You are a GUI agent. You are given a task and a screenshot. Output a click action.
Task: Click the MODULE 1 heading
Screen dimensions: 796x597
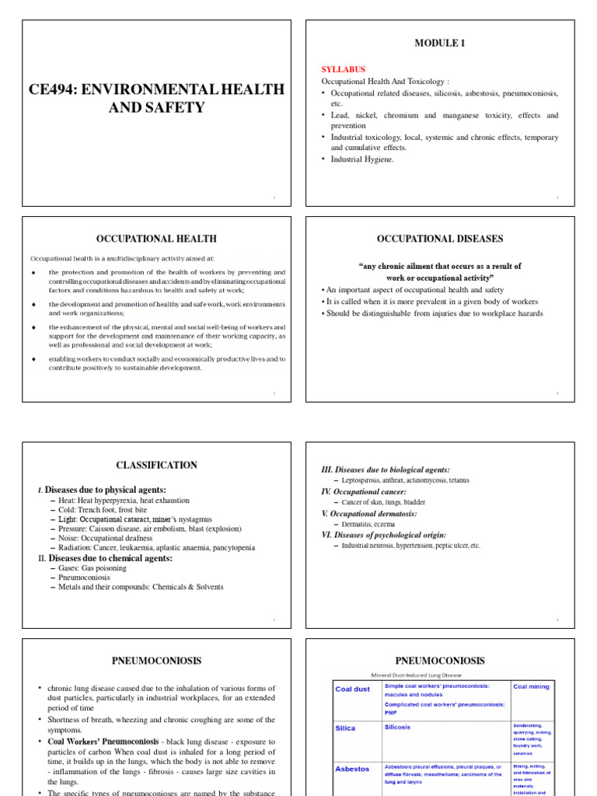[440, 44]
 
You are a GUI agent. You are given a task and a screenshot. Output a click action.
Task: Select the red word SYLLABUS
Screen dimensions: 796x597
[343, 69]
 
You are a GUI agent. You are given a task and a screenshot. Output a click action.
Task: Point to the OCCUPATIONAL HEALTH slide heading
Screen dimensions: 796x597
[155, 239]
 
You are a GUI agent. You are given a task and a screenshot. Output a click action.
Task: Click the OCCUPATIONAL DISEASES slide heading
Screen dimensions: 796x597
[440, 239]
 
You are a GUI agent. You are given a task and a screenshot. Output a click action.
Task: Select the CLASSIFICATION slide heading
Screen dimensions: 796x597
[156, 466]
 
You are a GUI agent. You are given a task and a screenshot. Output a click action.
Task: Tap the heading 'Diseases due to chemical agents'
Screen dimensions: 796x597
[110, 558]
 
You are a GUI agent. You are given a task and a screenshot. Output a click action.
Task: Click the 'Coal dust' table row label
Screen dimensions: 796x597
[352, 689]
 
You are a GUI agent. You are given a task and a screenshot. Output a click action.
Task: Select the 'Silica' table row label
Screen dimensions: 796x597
[345, 728]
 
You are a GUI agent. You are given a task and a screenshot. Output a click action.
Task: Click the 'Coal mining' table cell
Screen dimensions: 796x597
[531, 686]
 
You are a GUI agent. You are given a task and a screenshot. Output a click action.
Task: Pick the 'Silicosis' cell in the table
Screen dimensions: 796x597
[397, 728]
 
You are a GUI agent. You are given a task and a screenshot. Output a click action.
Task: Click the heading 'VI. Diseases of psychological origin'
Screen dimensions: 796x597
[383, 535]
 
